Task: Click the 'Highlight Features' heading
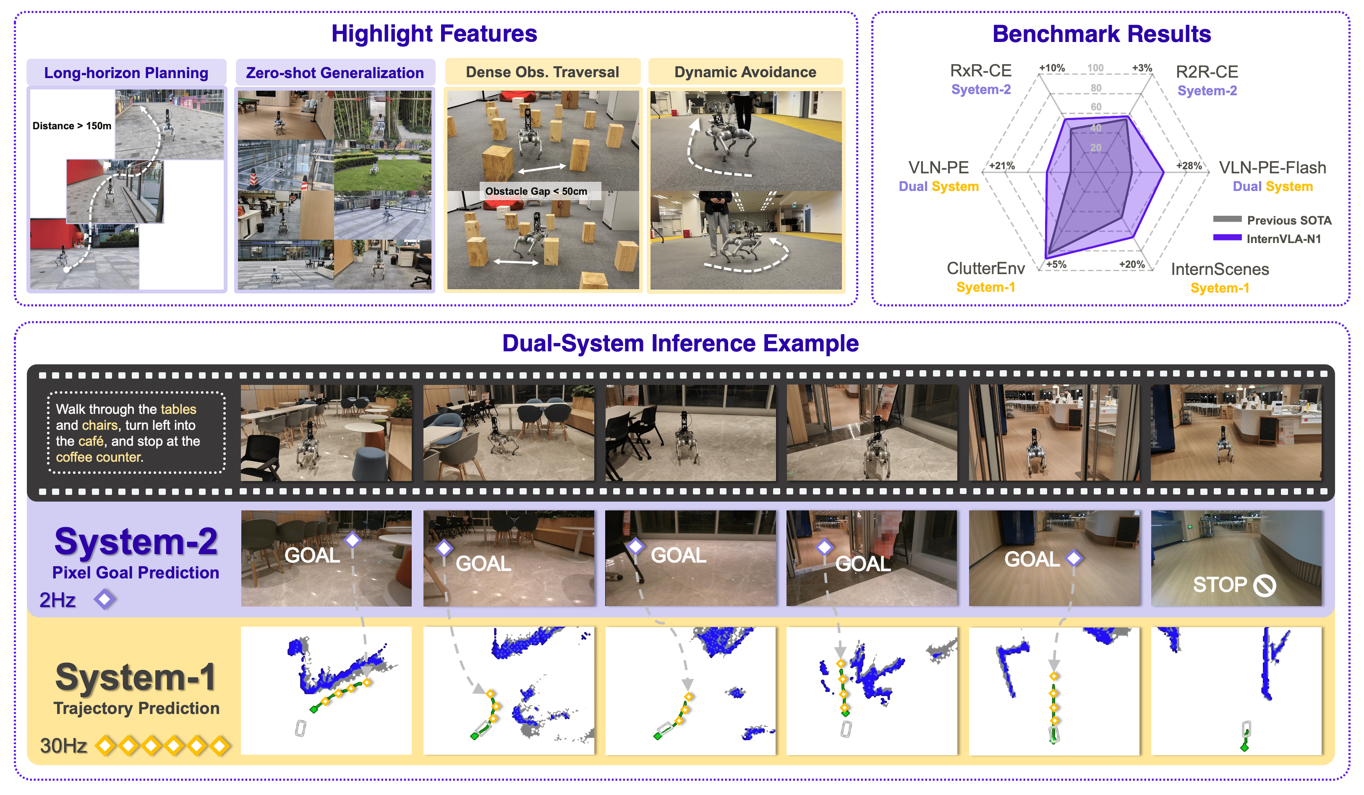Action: [434, 34]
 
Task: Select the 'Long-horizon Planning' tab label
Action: [126, 73]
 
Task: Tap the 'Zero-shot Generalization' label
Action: [334, 73]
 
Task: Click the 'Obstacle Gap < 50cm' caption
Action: [536, 191]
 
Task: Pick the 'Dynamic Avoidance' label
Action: [745, 72]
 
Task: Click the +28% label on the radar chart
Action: [1189, 166]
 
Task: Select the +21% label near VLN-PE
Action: [1001, 166]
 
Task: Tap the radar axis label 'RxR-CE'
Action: [980, 71]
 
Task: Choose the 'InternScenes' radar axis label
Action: [1220, 269]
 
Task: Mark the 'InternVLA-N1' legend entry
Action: [1283, 239]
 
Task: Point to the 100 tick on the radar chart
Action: [1095, 68]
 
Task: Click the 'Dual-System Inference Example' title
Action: [680, 343]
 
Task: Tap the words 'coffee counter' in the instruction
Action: [99, 457]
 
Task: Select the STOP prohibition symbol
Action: [1265, 585]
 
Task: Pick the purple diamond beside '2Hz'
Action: [104, 599]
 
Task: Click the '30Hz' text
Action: [63, 746]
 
